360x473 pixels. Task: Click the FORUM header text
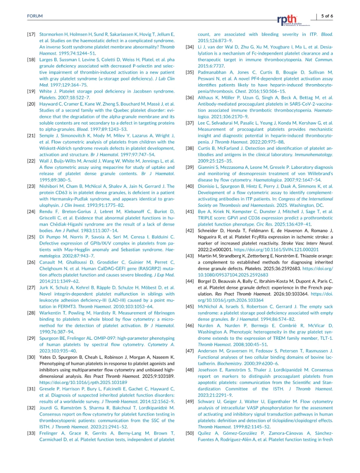(x=35, y=16)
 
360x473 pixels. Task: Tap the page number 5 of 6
(x=327, y=16)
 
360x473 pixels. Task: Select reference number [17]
(x=31, y=34)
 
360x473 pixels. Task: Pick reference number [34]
(x=190, y=46)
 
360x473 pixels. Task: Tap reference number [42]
(x=190, y=231)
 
